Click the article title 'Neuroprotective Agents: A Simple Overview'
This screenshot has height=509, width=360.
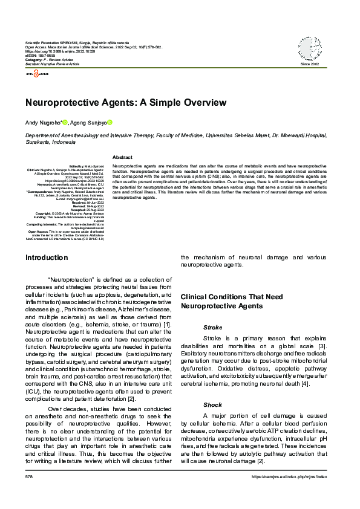126,103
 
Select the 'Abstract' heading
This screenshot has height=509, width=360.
122,157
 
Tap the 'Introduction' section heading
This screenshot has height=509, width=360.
47,258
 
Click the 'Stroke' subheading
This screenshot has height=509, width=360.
212,327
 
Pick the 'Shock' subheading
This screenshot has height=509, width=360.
212,404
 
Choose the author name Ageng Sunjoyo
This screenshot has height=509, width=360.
90,123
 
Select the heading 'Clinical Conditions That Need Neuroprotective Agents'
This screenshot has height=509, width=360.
231,302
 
